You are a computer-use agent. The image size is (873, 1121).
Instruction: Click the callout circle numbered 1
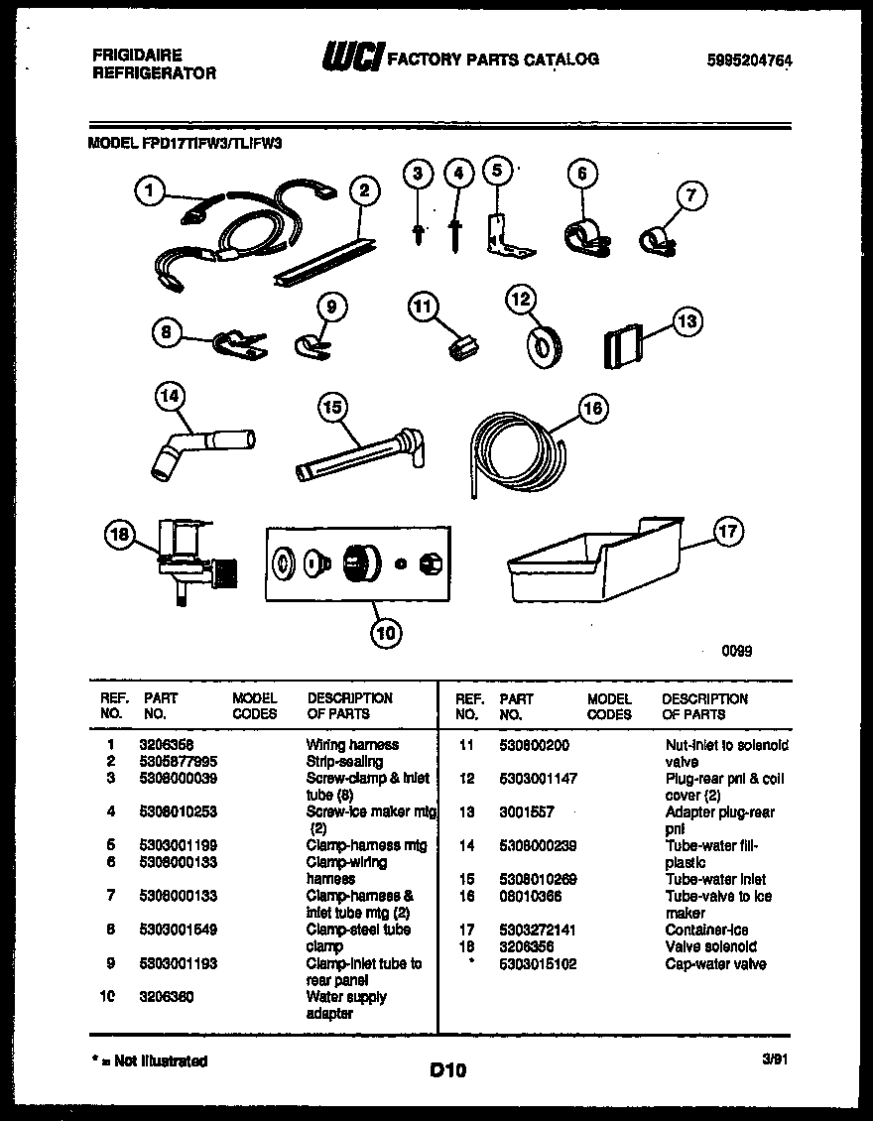(149, 190)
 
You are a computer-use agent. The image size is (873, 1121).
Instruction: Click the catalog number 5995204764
(750, 61)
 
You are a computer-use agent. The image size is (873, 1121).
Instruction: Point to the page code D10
(447, 1070)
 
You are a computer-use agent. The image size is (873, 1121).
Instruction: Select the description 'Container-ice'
(706, 930)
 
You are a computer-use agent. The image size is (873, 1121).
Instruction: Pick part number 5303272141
(538, 930)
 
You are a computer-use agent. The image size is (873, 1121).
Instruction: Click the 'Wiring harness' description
(352, 744)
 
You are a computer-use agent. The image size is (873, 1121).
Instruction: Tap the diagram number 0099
(736, 652)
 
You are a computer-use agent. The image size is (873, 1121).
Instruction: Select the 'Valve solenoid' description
(710, 946)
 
